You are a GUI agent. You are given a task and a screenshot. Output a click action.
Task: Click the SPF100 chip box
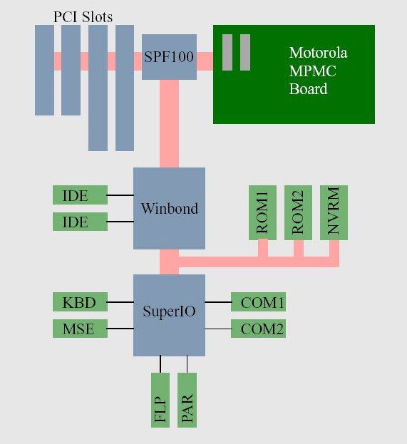[x=169, y=57]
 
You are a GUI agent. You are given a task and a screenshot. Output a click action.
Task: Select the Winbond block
[x=169, y=208]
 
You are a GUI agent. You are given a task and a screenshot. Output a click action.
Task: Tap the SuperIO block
[x=169, y=315]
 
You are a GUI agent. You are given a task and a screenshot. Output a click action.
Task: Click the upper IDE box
[x=80, y=195]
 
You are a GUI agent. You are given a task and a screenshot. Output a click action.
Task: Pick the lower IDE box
[x=80, y=222]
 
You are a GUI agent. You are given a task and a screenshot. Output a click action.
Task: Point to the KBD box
[x=80, y=302]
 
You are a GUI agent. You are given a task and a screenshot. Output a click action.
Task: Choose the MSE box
[x=80, y=329]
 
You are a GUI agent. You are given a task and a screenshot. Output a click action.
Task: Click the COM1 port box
[x=258, y=302]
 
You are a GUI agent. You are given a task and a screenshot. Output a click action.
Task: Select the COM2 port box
[x=258, y=329]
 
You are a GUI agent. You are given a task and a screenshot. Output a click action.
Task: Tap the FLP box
[x=160, y=400]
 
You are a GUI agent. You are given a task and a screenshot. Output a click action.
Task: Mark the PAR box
[x=187, y=400]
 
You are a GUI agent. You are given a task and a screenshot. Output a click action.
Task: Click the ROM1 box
[x=262, y=212]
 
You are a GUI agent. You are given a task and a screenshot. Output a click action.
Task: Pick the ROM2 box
[x=298, y=212]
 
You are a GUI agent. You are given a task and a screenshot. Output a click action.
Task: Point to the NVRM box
[x=334, y=212]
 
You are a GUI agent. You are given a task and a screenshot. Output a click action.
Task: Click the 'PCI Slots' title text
[x=83, y=17]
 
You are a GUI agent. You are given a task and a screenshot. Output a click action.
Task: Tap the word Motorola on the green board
[x=318, y=53]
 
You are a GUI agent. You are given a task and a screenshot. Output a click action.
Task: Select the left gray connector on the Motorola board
[x=227, y=53]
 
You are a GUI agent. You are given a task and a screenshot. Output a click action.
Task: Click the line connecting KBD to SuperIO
[x=120, y=302]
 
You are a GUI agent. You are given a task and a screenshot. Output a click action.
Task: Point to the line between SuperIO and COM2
[x=218, y=329]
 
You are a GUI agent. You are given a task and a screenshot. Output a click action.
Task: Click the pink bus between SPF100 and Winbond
[x=169, y=123]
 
